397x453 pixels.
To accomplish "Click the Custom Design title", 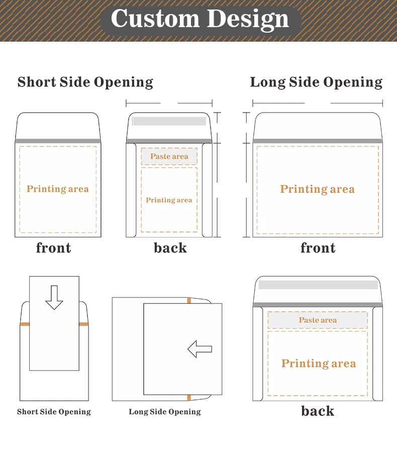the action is coord(200,19).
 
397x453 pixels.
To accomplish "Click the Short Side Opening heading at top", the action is coord(85,82).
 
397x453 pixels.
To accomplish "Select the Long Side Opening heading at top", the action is coord(316,82).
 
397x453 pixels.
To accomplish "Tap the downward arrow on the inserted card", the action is coord(54,297).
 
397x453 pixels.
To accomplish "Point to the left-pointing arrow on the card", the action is coord(200,349).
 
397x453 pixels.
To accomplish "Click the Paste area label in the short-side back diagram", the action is coord(169,156).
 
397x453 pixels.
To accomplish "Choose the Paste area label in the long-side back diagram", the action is coord(318,320).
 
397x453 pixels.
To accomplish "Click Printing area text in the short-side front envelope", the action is coord(57,189).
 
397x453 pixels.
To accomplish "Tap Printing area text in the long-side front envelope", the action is coord(317,189).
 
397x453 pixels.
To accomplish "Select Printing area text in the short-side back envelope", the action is coord(169,200).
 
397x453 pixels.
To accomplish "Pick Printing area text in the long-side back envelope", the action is coord(319,364).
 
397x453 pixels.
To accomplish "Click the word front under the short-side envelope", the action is coord(54,248).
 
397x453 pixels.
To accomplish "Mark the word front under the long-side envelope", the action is coord(318,248).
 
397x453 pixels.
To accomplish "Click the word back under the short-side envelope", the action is coord(170,248).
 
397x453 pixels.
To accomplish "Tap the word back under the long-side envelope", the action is coord(318,411).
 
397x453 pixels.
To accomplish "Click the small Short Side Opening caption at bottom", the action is coord(54,412).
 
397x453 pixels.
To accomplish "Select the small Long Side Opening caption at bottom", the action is coord(164,412).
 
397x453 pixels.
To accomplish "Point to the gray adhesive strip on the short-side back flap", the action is coord(169,121).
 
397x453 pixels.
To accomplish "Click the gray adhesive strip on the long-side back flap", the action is coord(318,285).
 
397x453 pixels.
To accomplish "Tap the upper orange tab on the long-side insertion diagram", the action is coord(189,301).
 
